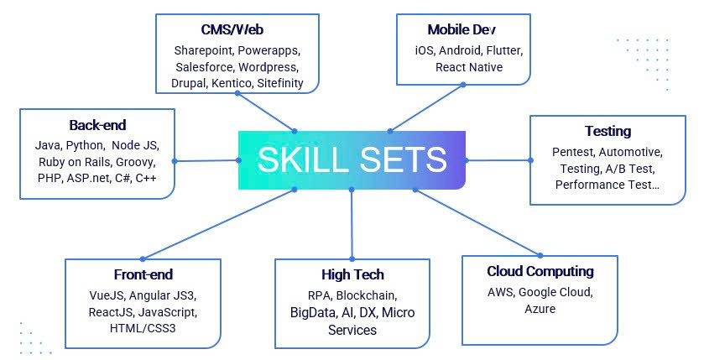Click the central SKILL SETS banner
[352, 159]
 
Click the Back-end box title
[97, 125]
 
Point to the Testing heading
[608, 131]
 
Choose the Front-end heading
[143, 274]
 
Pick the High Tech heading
[352, 274]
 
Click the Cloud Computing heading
[540, 271]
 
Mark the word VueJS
[107, 295]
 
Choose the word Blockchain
[368, 295]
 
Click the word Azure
[540, 309]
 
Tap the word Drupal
[190, 83]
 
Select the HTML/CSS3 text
[143, 328]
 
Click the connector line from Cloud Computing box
[478, 222]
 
